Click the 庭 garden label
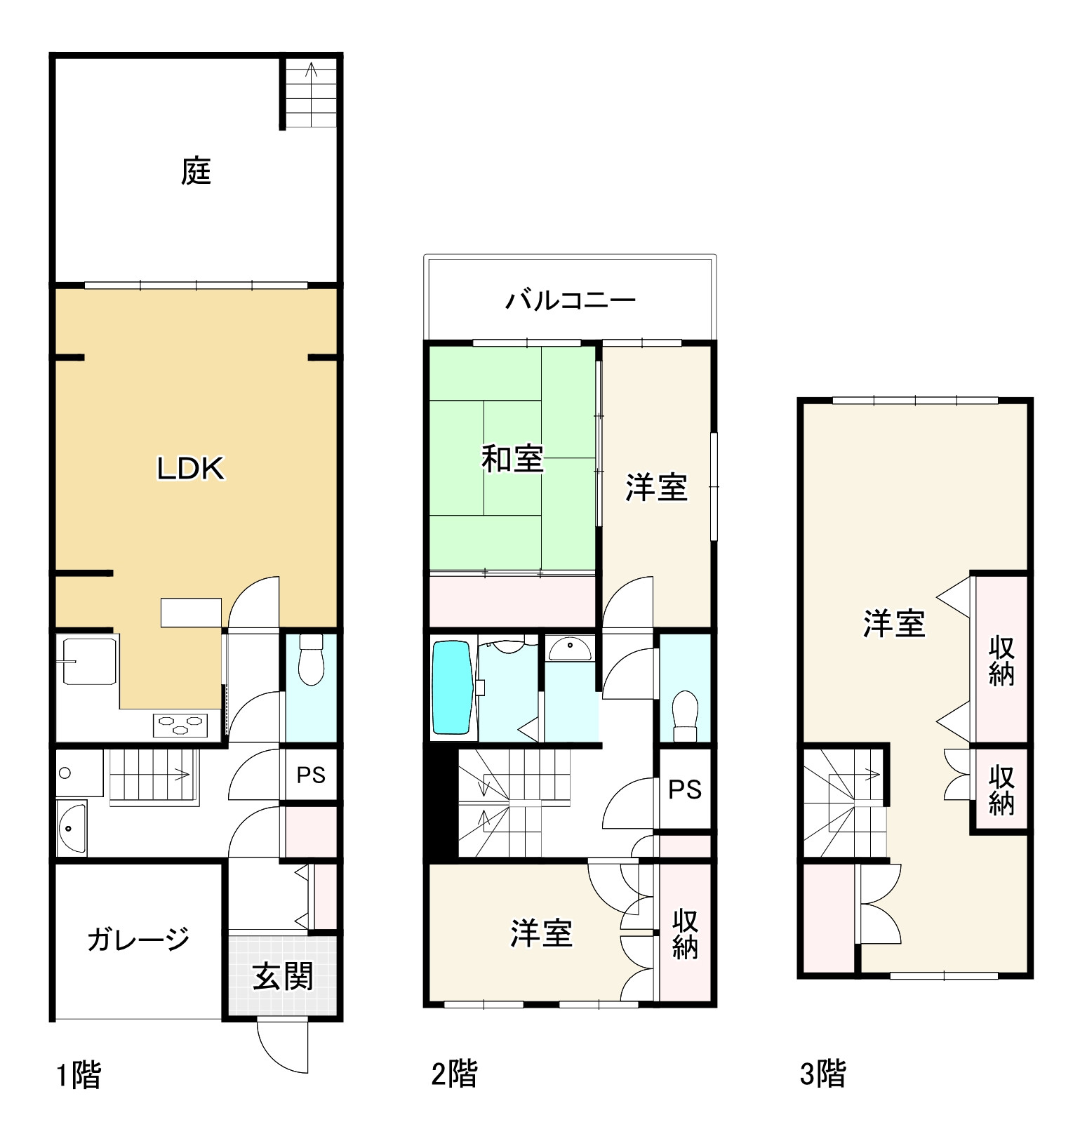(196, 171)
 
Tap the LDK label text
(190, 469)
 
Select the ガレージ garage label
(138, 939)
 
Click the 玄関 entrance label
(282, 976)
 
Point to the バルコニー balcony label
(570, 300)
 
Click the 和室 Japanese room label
(512, 459)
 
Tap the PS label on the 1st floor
(310, 775)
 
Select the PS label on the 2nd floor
(684, 789)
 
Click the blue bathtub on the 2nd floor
(451, 688)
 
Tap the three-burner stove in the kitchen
(181, 724)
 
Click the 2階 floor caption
(453, 1074)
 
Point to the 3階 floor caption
(822, 1074)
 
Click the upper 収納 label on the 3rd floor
(1001, 660)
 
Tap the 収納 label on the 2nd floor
(684, 933)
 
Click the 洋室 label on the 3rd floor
(893, 623)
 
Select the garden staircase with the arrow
(311, 93)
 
